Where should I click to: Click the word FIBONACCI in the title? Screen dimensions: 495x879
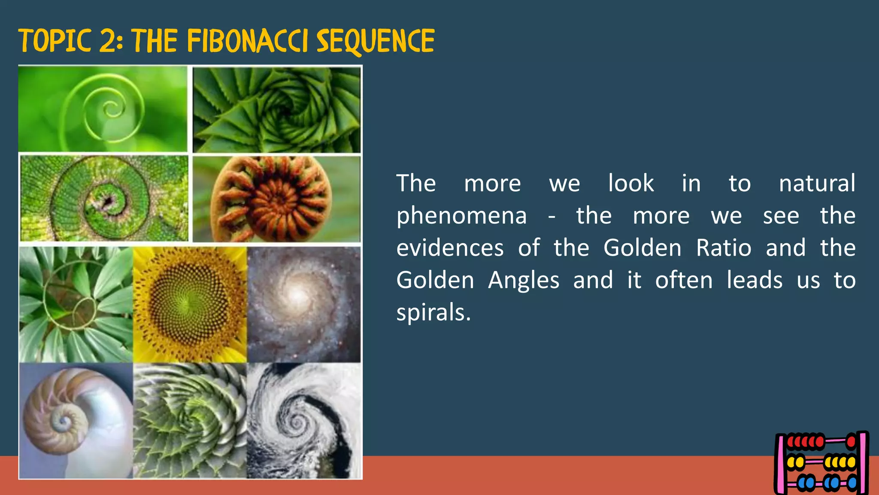(248, 41)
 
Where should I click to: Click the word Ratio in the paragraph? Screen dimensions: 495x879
(724, 248)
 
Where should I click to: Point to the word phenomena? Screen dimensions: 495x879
(461, 216)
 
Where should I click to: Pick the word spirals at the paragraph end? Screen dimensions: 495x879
(433, 312)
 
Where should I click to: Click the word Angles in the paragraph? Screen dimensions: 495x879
(524, 280)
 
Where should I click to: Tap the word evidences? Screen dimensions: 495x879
(450, 248)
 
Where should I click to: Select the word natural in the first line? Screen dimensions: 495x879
(817, 183)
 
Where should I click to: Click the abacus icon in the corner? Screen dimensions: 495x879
(821, 463)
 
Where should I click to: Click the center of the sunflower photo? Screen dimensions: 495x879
(188, 304)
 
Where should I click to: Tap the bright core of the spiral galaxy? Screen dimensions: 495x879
(297, 296)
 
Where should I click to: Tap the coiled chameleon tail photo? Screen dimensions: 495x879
(104, 198)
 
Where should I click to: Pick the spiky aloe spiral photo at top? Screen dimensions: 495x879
(276, 110)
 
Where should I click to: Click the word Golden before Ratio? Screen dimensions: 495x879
(642, 248)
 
